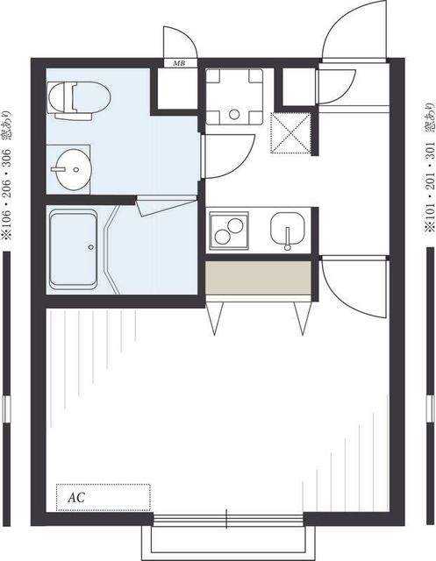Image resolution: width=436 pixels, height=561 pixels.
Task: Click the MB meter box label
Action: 179,63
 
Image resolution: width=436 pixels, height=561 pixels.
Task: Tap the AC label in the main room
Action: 76,497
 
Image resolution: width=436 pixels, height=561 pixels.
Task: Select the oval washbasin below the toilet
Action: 74,169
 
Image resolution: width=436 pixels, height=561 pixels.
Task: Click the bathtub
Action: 74,249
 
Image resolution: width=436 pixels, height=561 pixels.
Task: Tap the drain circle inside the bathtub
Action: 91,247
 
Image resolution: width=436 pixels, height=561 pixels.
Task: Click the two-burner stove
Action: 229,231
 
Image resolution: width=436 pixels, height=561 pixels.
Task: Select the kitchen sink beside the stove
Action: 288,230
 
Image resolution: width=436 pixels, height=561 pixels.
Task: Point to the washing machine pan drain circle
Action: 234,115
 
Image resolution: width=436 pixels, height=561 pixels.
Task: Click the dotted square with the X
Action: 290,132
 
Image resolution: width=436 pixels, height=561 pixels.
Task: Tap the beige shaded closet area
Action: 258,278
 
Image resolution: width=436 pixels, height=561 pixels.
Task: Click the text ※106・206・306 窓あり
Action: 6,175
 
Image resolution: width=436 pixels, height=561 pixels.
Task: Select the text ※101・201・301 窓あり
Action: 430,168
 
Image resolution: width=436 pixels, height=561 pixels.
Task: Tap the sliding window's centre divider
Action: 226,519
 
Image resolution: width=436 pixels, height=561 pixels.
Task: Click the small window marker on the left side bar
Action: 6,409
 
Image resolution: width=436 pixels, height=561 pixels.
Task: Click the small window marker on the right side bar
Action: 430,408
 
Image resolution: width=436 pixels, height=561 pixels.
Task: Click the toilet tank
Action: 74,117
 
